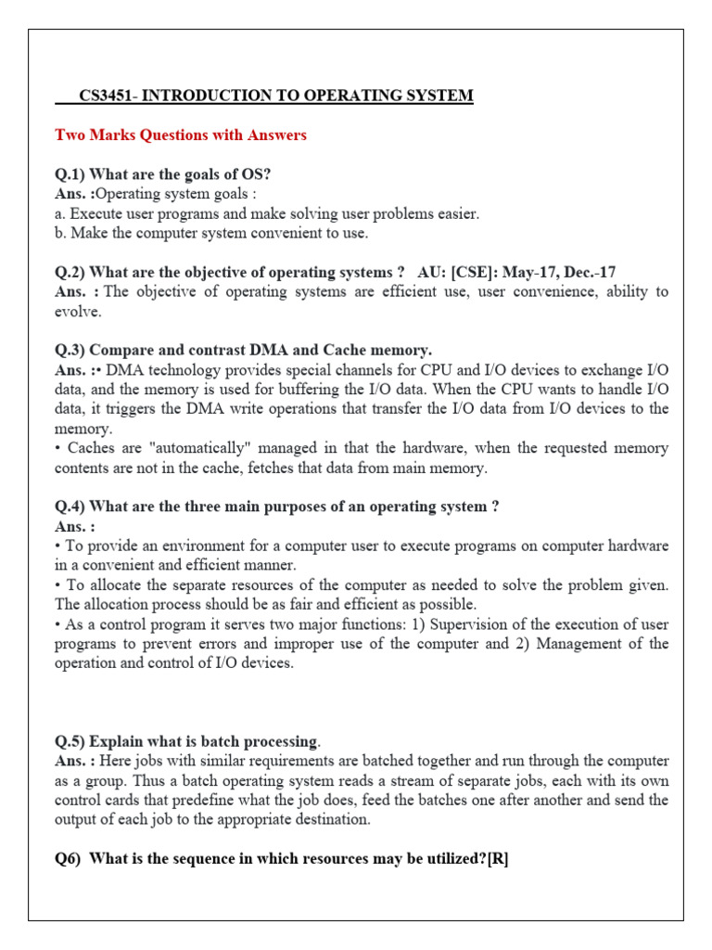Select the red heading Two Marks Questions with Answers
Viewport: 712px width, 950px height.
[181, 135]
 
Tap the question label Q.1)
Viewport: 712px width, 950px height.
[70, 174]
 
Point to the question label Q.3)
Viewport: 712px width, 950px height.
[70, 350]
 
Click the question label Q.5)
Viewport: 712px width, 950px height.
[70, 741]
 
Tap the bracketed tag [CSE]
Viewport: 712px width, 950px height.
[473, 272]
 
